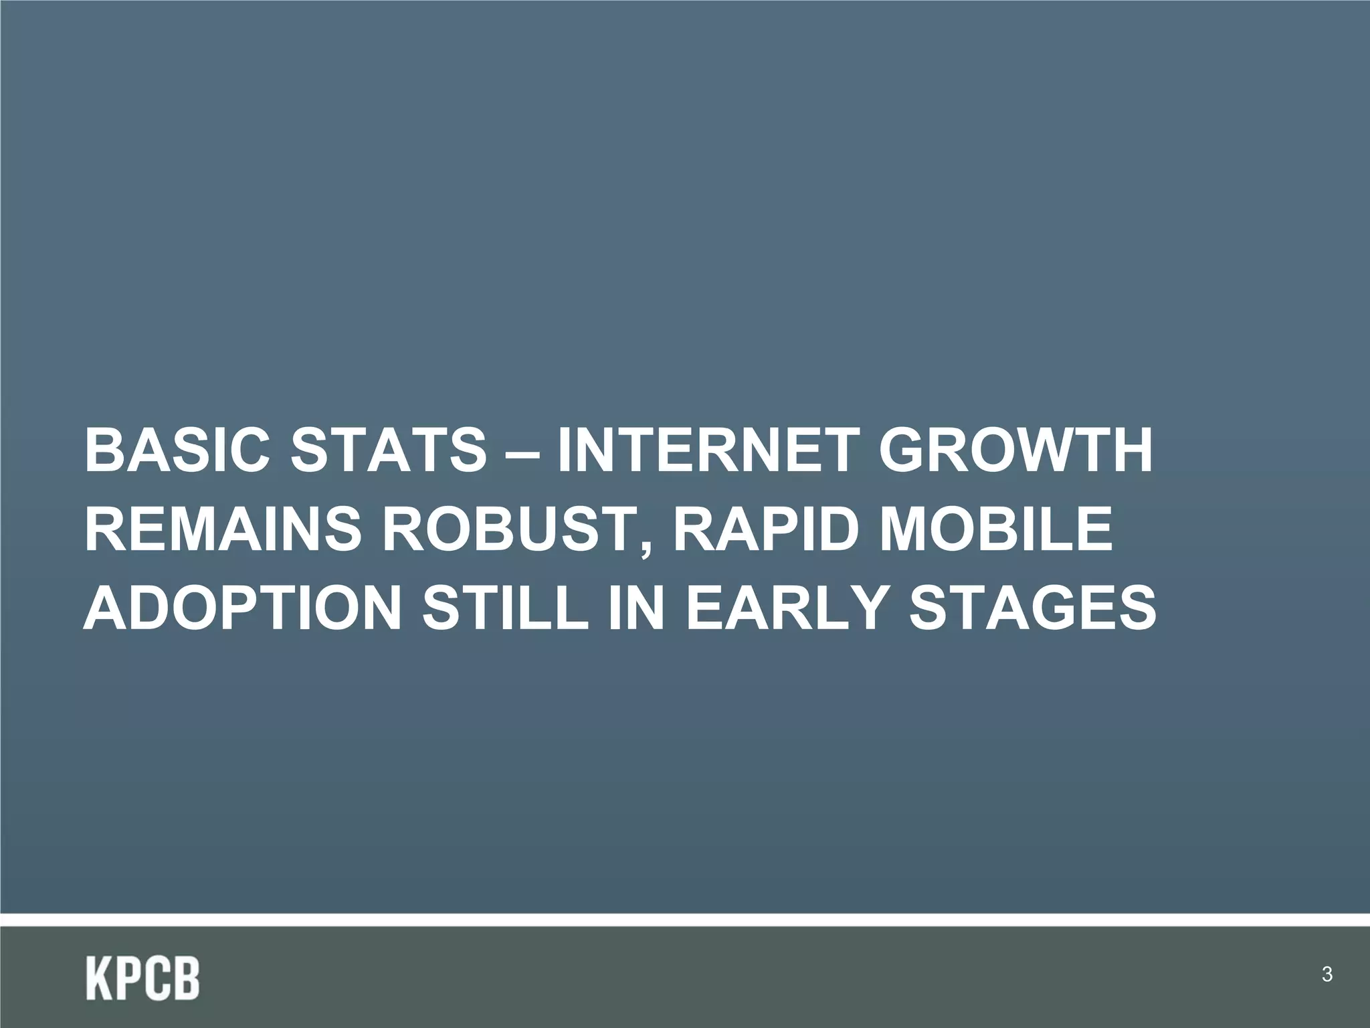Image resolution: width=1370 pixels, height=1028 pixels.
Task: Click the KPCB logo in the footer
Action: point(142,978)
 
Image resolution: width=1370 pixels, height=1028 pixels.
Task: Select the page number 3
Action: point(1327,974)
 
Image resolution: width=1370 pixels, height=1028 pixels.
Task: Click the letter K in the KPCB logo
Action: point(100,978)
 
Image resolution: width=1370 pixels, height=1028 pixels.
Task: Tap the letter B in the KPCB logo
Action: point(187,978)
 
